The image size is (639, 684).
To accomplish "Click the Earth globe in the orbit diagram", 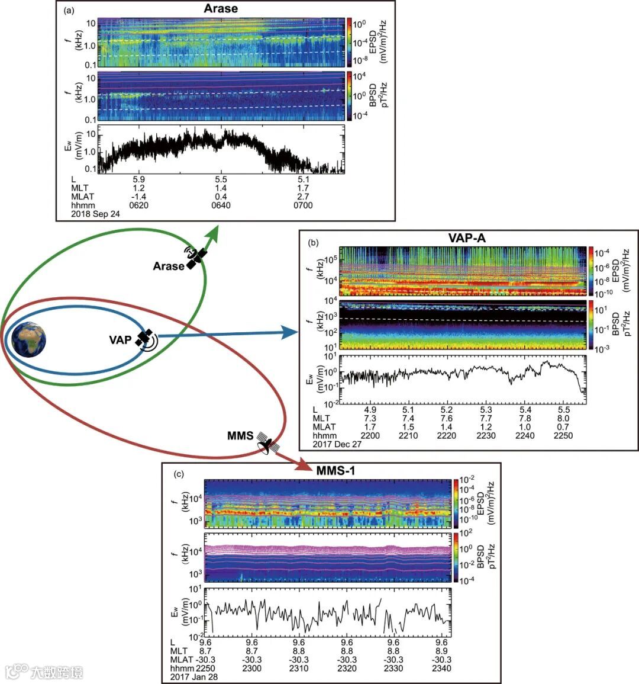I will (28, 339).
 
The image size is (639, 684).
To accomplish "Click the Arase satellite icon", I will (196, 257).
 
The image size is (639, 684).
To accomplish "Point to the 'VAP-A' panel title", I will (467, 238).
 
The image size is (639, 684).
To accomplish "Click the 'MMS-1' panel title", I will (335, 470).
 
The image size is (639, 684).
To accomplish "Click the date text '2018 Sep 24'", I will (95, 214).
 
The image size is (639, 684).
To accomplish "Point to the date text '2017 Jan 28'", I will (194, 676).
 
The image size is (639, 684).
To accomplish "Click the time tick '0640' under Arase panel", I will (221, 205).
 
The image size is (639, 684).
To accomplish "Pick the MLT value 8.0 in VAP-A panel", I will (564, 418).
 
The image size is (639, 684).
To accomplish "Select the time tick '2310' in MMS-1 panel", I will (299, 668).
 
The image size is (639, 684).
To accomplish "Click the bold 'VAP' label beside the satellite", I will (120, 340).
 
